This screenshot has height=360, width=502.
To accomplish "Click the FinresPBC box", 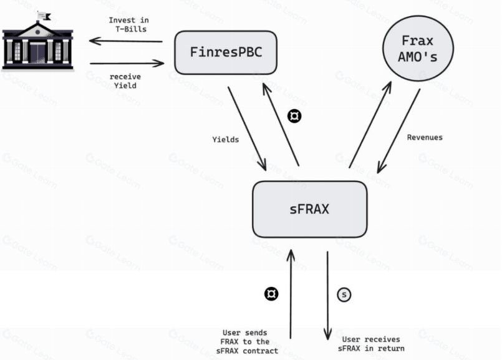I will (225, 52).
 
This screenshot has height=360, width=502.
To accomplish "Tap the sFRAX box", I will (309, 209).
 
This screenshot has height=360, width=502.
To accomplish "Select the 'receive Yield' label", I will (125, 80).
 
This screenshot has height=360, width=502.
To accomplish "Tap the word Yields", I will (226, 140).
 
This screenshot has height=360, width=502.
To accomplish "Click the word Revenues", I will (425, 137).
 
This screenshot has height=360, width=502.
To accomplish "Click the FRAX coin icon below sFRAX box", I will (271, 294).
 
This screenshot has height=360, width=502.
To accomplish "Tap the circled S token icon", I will (344, 294).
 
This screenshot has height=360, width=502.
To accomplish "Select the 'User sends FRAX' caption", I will (246, 341).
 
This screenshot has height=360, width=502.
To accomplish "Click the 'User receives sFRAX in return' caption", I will (373, 343).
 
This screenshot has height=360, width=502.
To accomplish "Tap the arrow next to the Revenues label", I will (398, 130).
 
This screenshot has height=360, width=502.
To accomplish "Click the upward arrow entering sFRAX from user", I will (291, 293).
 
